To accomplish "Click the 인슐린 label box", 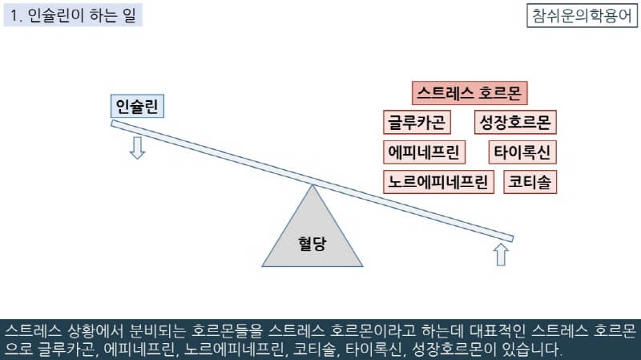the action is tap(137, 107).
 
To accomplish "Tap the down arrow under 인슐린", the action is tap(137, 147).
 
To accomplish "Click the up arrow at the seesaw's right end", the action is tap(502, 254).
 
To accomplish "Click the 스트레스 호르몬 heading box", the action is tap(470, 93).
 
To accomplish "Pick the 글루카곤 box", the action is tap(417, 123).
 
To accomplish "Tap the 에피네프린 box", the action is tap(424, 152).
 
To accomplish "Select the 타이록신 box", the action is tap(522, 152).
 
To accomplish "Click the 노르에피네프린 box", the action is tap(438, 182).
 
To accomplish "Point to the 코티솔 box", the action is tap(530, 182).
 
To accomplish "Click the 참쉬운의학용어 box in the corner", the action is tap(581, 15).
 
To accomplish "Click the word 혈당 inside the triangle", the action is tap(312, 243).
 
